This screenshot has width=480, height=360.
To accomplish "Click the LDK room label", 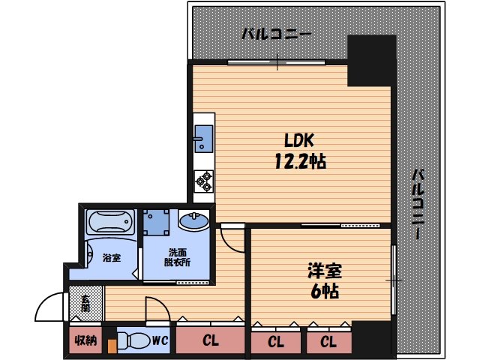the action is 299,141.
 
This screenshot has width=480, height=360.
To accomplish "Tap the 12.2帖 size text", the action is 300,161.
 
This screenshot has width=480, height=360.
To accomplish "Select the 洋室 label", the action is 325,271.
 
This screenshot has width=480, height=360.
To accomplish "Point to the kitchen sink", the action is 203,139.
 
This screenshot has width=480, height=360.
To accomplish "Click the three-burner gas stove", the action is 204,181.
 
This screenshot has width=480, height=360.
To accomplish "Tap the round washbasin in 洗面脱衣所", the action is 193,220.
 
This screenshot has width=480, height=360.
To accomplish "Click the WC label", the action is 160,340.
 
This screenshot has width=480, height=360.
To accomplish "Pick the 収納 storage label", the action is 86,340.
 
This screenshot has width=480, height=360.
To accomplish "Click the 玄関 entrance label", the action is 85,303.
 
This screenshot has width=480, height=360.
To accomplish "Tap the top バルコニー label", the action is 277,34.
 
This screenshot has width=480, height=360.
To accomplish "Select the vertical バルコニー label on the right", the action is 418,203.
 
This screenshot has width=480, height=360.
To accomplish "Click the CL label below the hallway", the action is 211,340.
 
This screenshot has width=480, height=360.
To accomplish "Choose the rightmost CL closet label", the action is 328,342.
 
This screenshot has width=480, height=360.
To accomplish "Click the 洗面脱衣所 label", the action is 177,257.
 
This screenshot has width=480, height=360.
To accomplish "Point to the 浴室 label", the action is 112,258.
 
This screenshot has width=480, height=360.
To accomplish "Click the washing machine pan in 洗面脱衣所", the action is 157,222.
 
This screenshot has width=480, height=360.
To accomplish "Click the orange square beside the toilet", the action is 112,346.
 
